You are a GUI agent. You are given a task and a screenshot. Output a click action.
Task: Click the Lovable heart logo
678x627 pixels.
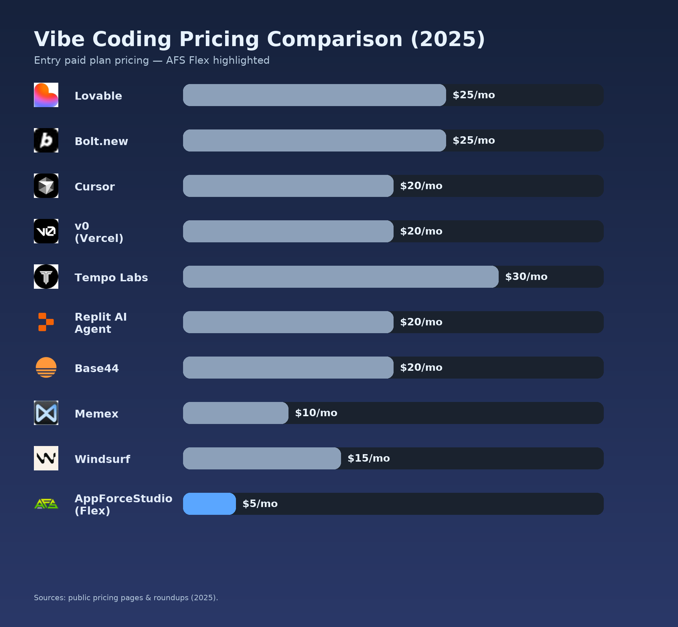(x=46, y=95)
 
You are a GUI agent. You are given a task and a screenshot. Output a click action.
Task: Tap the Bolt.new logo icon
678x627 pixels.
(x=46, y=140)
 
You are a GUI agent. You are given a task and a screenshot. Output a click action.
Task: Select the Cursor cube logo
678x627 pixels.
(x=46, y=186)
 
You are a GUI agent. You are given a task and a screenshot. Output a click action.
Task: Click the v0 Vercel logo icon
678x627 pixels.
(x=46, y=231)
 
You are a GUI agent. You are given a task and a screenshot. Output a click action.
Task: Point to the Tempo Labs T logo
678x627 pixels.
(x=46, y=277)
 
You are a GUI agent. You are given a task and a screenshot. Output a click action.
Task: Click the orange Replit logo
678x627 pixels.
(x=46, y=322)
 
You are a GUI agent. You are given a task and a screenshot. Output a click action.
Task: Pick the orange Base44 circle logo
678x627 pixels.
(x=46, y=367)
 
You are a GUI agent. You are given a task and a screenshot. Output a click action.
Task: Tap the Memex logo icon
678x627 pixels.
(x=46, y=413)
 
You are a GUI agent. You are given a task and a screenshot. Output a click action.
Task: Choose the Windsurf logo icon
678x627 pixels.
(x=46, y=458)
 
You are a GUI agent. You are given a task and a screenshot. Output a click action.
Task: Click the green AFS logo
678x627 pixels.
(x=46, y=504)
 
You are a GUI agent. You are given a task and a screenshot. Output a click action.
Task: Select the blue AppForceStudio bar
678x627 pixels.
(x=210, y=504)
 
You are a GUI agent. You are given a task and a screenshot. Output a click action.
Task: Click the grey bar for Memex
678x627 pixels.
(x=236, y=413)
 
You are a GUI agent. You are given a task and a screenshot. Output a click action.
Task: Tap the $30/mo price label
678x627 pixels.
(x=526, y=277)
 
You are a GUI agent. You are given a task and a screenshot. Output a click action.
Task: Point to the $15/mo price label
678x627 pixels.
(x=368, y=458)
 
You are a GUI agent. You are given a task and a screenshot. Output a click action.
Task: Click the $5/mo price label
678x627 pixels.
(x=260, y=504)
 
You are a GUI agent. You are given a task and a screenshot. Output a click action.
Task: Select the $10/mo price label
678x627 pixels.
(x=316, y=413)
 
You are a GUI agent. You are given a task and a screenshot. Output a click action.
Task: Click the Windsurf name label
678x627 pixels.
(x=102, y=459)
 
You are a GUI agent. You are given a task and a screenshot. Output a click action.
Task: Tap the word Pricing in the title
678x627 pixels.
(x=219, y=39)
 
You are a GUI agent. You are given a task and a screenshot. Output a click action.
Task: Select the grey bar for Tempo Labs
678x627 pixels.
(x=340, y=277)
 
